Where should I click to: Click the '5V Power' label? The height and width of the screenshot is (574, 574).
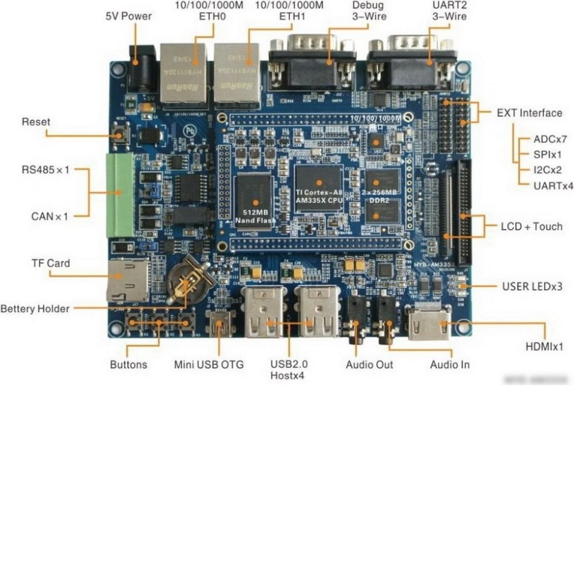pyautogui.click(x=128, y=16)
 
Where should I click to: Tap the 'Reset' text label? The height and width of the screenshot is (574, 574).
pyautogui.click(x=36, y=122)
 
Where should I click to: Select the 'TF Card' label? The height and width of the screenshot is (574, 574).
pyautogui.click(x=50, y=263)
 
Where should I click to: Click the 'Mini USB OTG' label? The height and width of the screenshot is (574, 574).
pyautogui.click(x=208, y=365)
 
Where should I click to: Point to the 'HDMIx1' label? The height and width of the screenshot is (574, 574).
pyautogui.click(x=544, y=347)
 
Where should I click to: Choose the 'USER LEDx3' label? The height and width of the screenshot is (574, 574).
pyautogui.click(x=532, y=287)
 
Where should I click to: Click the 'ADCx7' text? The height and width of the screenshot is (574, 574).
pyautogui.click(x=550, y=139)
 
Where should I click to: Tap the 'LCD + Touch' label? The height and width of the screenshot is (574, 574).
pyautogui.click(x=531, y=227)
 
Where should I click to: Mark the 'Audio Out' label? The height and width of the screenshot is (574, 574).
pyautogui.click(x=369, y=365)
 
